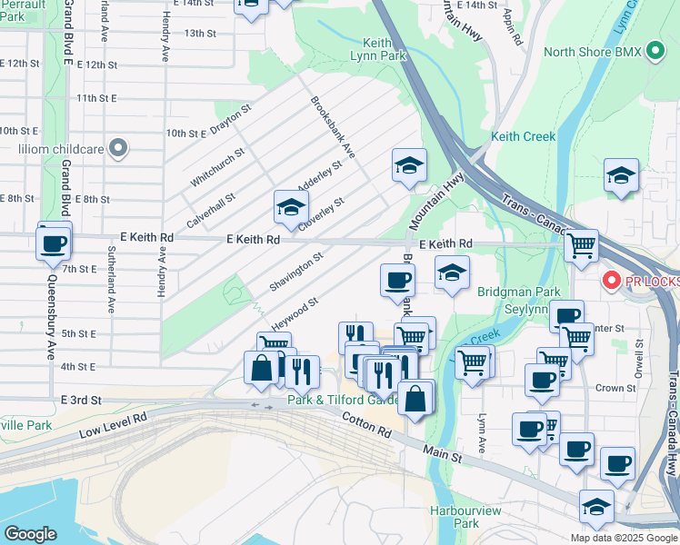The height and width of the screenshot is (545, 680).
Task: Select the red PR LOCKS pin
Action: (614, 282)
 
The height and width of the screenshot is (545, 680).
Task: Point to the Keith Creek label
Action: (523, 136)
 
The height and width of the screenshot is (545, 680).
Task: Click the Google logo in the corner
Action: (30, 534)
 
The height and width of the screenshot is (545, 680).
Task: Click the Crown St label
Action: (615, 388)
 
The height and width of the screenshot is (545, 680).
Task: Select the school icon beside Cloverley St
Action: (291, 207)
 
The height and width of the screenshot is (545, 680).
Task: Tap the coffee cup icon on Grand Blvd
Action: (53, 243)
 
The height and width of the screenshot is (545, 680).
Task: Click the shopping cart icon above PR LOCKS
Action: (580, 244)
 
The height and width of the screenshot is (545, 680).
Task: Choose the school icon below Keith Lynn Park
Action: (409, 165)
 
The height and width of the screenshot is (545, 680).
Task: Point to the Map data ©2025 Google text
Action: (623, 537)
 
